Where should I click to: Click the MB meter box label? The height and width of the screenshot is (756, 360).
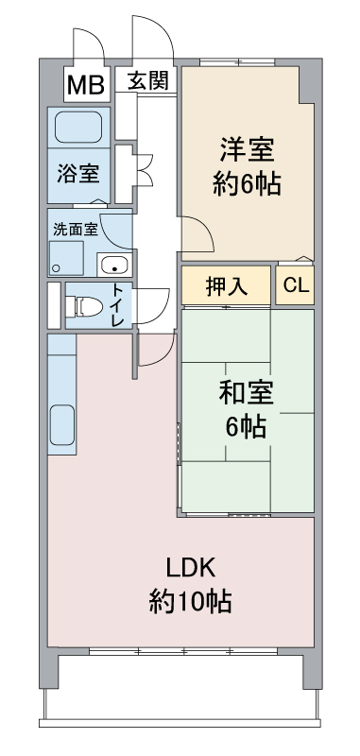pos(85,85)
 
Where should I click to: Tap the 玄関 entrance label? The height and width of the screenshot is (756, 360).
pos(148,80)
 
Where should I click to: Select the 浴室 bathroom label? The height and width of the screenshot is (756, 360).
pos(78,174)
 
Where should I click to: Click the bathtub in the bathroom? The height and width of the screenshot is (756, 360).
pos(78,128)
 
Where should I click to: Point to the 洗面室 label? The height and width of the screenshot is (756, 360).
pos(76,230)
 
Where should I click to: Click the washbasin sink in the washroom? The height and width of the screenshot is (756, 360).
pos(114,265)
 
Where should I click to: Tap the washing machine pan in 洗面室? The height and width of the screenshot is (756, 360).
pos(66,258)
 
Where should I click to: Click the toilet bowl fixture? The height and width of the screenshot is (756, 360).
pos(84,305)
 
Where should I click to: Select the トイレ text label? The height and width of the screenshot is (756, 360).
pos(118,305)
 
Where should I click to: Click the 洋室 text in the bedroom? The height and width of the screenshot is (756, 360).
pos(248,150)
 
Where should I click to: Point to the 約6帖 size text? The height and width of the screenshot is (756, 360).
pos(248,183)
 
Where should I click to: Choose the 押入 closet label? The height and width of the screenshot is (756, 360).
pos(227,287)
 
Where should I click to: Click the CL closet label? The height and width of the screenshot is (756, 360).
pos(296,286)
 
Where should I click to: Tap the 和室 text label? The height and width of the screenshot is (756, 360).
pos(247,393)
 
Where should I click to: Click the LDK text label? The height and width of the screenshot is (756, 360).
pos(190,569)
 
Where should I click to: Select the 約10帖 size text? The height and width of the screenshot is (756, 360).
pos(190,601)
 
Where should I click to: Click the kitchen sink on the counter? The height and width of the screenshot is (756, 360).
pos(62,425)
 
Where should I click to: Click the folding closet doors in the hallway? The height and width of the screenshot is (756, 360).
pos(145,170)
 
